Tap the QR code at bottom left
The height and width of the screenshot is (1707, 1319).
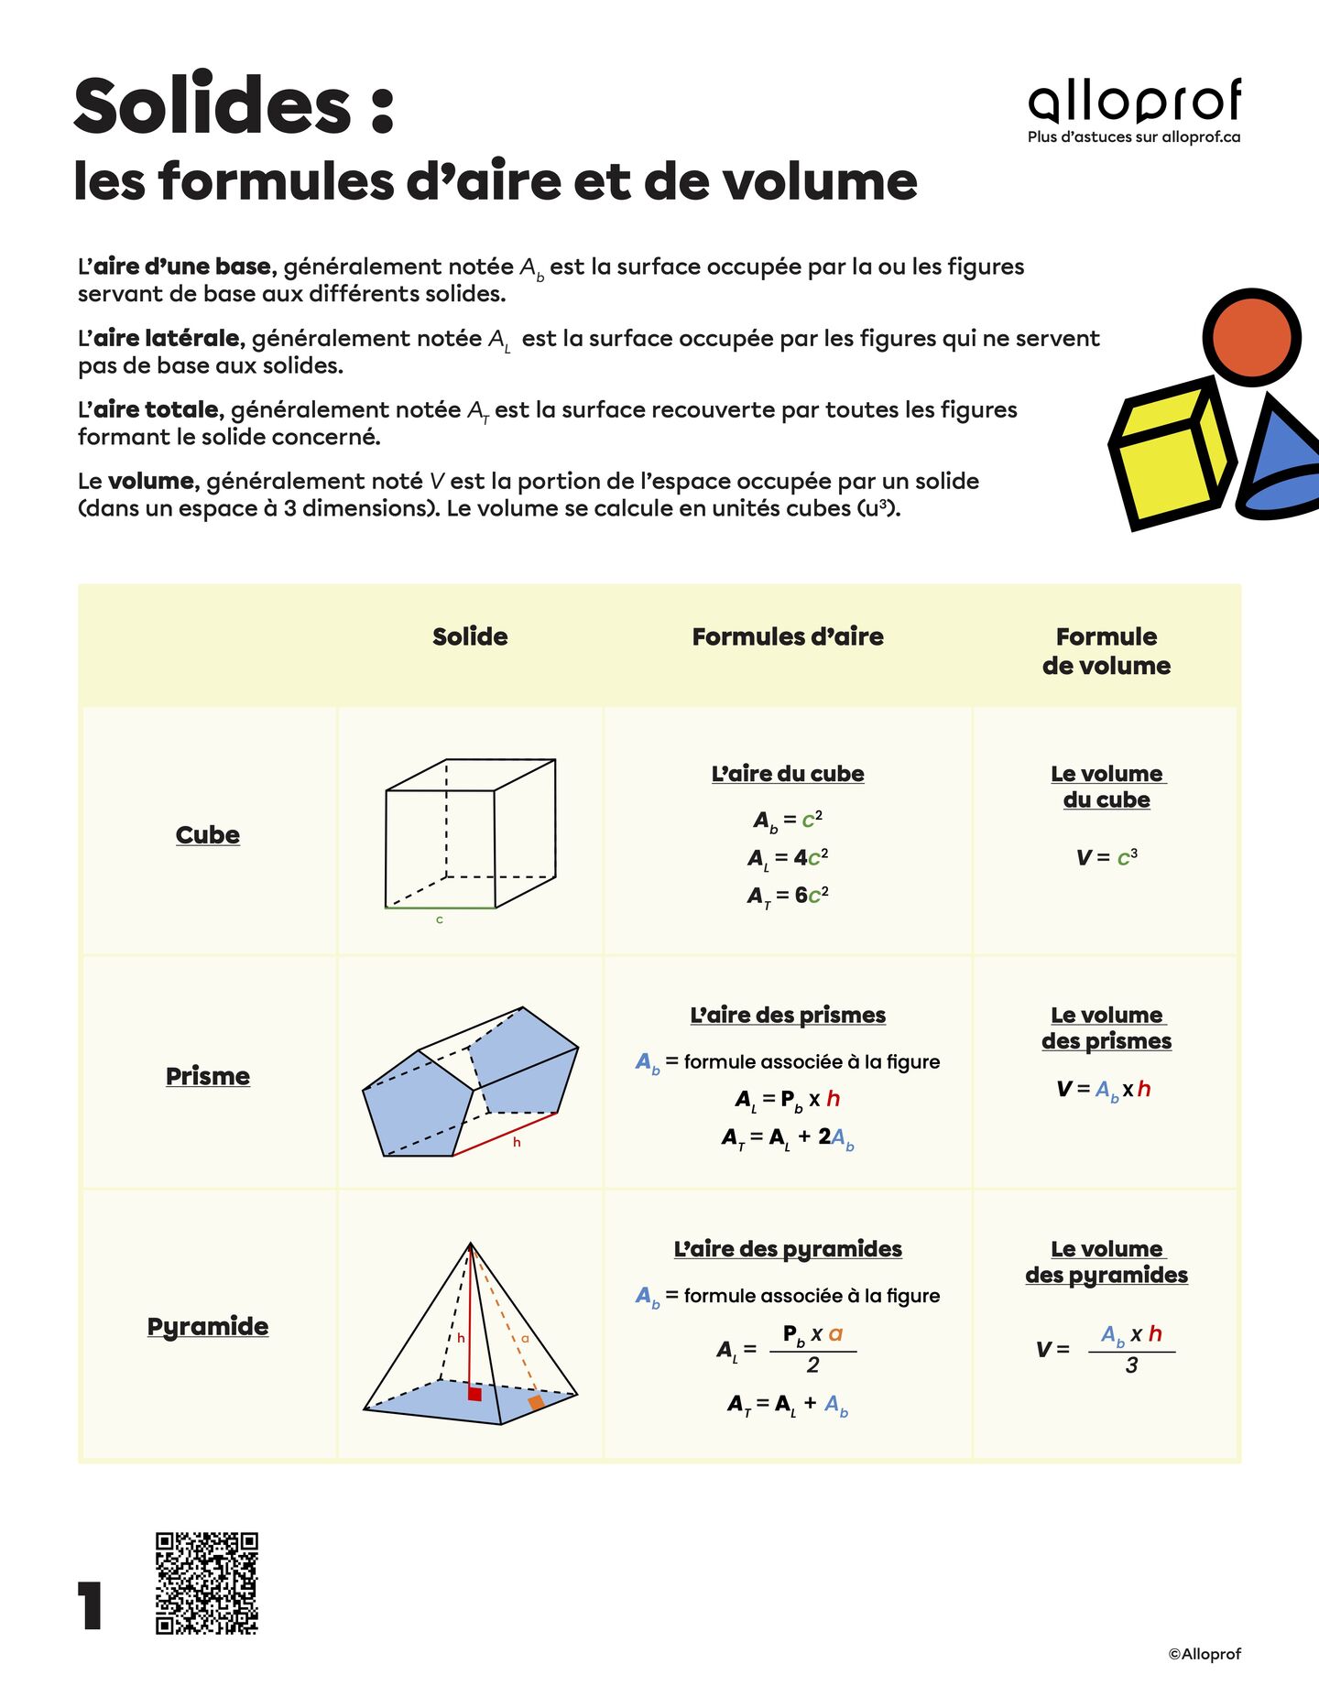tap(206, 1582)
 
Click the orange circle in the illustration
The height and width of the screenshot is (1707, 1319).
tap(1251, 337)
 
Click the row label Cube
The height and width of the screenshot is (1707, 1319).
tap(208, 834)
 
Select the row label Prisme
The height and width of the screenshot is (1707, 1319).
tap(208, 1076)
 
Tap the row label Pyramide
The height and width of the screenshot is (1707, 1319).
tap(208, 1326)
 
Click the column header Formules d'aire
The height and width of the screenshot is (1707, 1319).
tap(788, 636)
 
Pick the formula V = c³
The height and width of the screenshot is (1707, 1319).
tap(1106, 857)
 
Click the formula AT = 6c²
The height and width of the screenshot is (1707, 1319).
tap(788, 896)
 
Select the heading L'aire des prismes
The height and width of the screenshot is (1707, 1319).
tap(788, 1015)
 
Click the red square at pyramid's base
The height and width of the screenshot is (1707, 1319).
tap(474, 1394)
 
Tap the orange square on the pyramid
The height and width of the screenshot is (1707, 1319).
tap(536, 1402)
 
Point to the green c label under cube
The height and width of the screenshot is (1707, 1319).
tap(440, 919)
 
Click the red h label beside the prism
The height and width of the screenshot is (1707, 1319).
tap(517, 1142)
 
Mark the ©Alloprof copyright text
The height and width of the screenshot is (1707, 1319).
tap(1204, 1654)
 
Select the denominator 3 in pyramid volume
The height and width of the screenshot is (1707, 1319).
tap(1131, 1365)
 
